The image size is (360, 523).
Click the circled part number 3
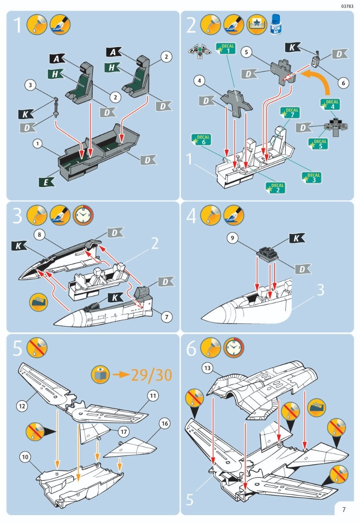[x=30, y=85]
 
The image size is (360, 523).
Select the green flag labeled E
[x=45, y=181]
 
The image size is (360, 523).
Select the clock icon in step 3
[x=83, y=215]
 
